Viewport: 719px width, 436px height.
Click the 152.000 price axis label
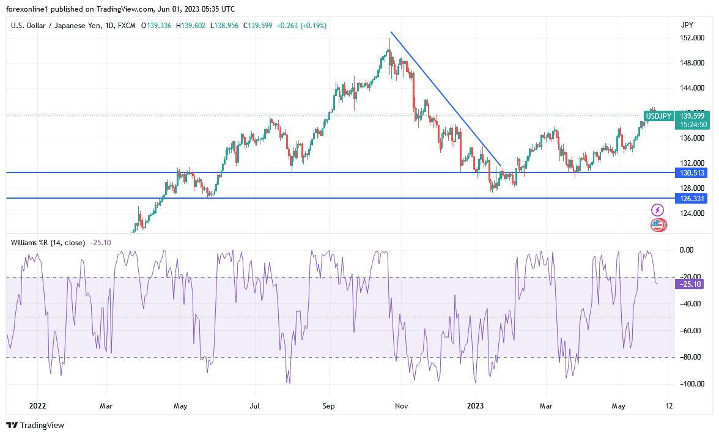click(x=691, y=38)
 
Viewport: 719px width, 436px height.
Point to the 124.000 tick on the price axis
click(x=691, y=213)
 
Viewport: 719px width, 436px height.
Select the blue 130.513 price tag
click(x=691, y=173)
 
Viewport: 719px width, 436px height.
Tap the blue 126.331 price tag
click(x=691, y=199)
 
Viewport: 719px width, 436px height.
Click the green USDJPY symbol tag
click(x=658, y=116)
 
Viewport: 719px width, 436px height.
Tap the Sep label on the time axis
click(x=328, y=405)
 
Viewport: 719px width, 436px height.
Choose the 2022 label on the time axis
click(x=37, y=405)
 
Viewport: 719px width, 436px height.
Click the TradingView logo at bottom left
click(x=35, y=425)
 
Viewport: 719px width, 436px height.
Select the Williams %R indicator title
click(x=48, y=242)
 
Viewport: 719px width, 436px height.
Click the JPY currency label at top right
click(x=687, y=25)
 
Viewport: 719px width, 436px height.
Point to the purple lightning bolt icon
click(x=658, y=210)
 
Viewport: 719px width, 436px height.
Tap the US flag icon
click(x=657, y=225)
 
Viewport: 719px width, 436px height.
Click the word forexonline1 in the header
click(x=29, y=9)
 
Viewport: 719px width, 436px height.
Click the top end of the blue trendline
click(x=391, y=32)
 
